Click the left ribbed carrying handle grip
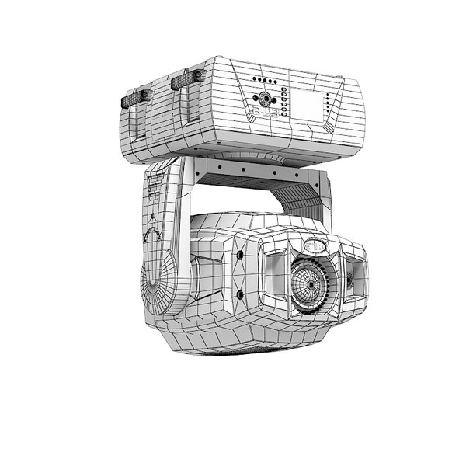136,97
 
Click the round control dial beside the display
266,99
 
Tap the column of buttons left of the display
284,103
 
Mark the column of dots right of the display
329,105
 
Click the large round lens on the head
311,283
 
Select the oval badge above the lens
314,246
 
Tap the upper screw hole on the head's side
241,255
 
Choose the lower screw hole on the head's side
240,294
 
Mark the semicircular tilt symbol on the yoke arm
154,235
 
